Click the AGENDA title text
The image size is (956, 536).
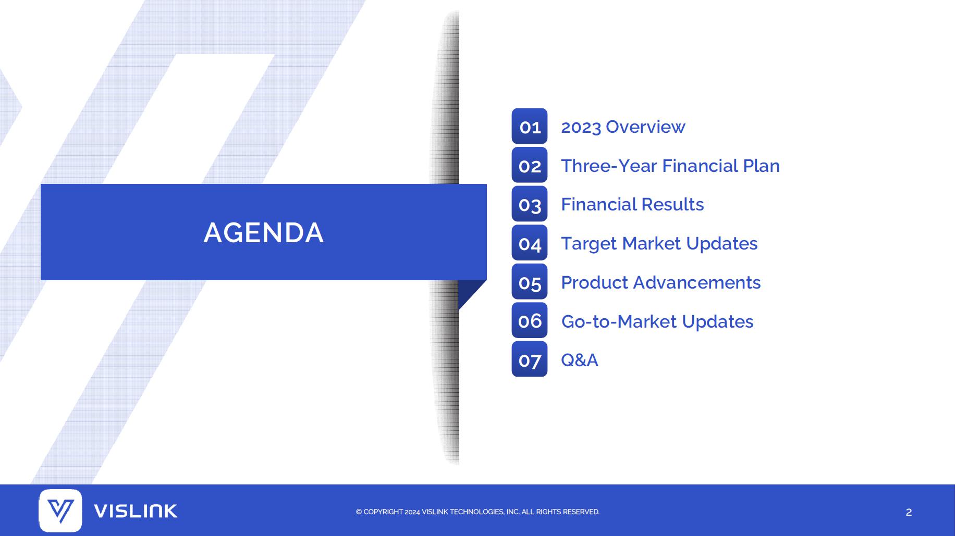264,232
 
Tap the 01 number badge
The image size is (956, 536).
530,126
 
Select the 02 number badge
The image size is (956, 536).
530,165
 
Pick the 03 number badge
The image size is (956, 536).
530,204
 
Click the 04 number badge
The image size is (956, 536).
530,243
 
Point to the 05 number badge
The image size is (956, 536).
530,282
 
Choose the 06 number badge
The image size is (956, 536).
530,320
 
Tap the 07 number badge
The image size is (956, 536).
530,359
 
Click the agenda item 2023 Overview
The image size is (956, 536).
623,127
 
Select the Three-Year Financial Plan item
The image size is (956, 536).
670,166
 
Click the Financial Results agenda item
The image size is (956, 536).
632,204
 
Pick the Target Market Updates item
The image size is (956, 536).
659,243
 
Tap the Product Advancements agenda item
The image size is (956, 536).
661,282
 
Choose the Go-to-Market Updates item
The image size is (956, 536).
657,321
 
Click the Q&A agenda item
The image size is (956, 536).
580,360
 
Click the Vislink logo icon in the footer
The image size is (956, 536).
60,510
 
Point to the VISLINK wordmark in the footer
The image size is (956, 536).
136,511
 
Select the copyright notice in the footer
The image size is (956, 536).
477,512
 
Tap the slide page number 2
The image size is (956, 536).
909,513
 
